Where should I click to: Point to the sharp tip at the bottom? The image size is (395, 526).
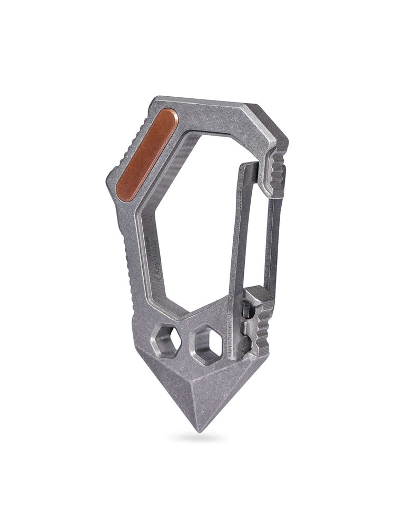click(x=199, y=429)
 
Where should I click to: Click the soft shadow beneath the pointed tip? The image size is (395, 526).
click(x=199, y=438)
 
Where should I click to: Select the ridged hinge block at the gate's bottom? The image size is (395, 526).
click(x=258, y=321)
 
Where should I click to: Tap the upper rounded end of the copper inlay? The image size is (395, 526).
click(x=170, y=117)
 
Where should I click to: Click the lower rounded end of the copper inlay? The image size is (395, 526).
click(x=124, y=190)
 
